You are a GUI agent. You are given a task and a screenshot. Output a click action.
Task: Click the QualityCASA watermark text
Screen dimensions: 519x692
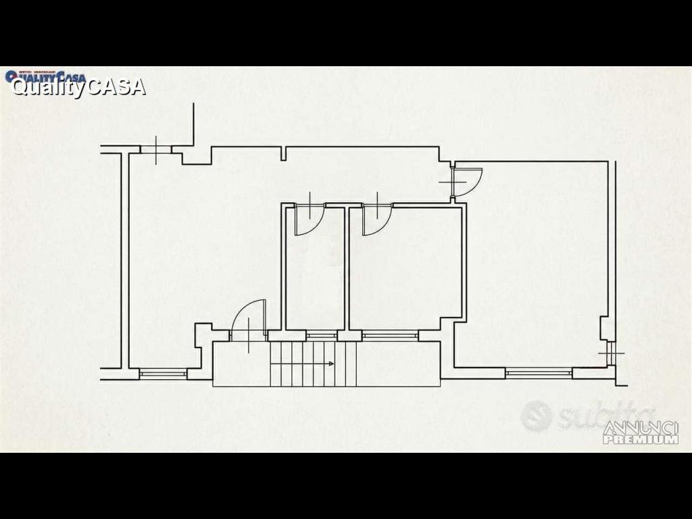78,86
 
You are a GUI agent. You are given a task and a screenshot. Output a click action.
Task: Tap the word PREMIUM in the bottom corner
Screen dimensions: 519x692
640,440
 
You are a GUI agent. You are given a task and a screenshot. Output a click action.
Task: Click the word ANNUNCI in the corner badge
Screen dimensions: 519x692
640,428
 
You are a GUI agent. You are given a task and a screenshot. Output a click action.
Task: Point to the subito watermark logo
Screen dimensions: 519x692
587,415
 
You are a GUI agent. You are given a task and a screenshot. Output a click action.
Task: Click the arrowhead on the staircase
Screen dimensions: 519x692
330,364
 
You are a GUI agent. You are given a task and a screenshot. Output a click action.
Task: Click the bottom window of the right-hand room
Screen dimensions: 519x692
539,371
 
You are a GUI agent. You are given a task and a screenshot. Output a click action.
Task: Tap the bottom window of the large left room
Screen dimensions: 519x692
163,372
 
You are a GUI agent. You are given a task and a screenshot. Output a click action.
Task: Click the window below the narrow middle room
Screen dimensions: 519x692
322,335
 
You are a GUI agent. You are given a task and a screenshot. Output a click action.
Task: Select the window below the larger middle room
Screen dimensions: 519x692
390,335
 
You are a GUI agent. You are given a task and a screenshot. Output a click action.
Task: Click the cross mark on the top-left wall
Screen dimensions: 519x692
155,150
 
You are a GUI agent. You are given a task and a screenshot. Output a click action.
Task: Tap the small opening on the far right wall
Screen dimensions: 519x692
612,353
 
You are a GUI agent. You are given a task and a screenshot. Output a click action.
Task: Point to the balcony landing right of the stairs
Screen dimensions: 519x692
397,364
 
